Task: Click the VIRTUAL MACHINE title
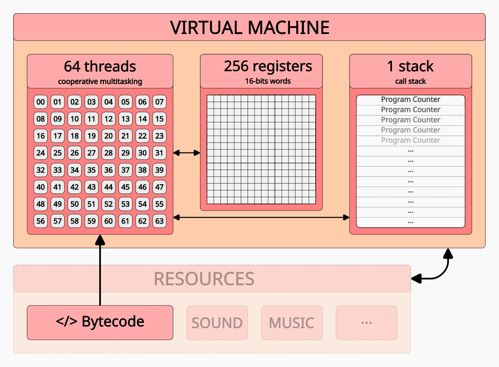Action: pos(249,28)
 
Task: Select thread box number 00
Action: pos(40,102)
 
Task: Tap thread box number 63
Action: pos(159,221)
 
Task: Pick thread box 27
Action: pos(92,153)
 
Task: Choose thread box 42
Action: pos(74,187)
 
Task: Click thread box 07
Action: pos(159,102)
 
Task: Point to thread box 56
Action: pos(40,221)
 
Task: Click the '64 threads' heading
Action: pos(100,66)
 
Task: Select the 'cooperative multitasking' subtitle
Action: pos(100,81)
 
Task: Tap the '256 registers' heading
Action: pos(268,66)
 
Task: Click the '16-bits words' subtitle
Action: pos(268,81)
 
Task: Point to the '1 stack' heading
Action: pos(410,66)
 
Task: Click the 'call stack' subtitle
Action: pos(410,81)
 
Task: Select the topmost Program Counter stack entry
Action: pos(410,99)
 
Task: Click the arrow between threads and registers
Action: pos(186,153)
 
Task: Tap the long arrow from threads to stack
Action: pos(261,217)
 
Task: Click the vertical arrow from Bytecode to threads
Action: pos(100,272)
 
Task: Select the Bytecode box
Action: pos(100,322)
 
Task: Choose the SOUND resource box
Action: pos(217,323)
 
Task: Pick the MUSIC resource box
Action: pos(291,323)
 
